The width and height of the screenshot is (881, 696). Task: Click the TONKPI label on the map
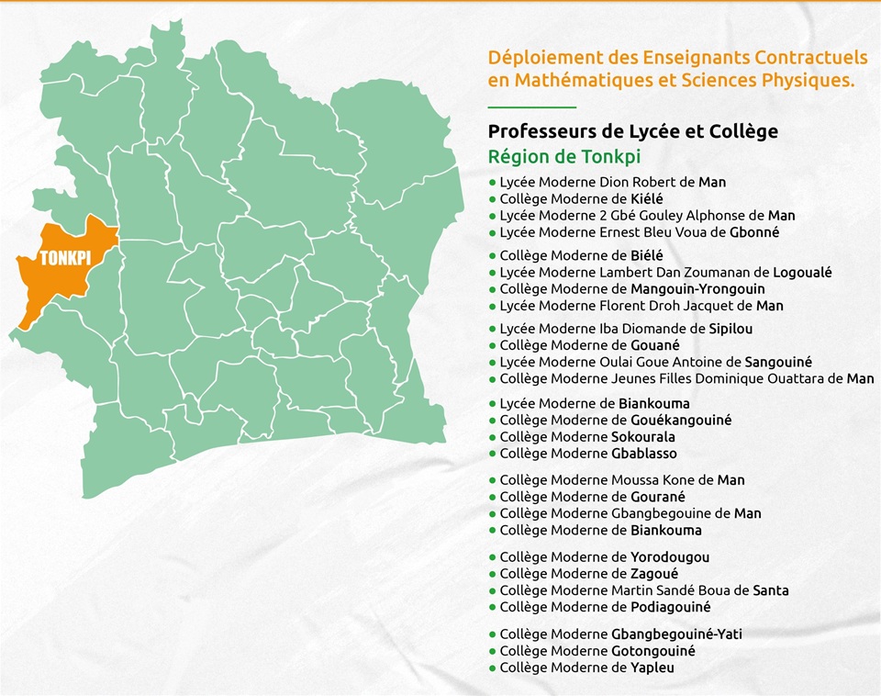[64, 258]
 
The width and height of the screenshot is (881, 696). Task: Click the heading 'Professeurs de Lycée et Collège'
[632, 131]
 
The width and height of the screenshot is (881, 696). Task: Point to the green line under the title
[531, 107]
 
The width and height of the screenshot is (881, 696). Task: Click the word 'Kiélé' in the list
[647, 199]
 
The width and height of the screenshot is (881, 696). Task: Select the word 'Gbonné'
[753, 232]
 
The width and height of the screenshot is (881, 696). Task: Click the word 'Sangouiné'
[778, 362]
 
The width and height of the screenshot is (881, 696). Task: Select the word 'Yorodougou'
[669, 557]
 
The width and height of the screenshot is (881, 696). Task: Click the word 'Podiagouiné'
[670, 607]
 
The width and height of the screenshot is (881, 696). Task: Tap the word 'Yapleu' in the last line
[652, 668]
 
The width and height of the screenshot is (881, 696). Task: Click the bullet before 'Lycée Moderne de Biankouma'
[493, 404]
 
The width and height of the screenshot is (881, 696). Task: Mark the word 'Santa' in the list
[770, 590]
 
